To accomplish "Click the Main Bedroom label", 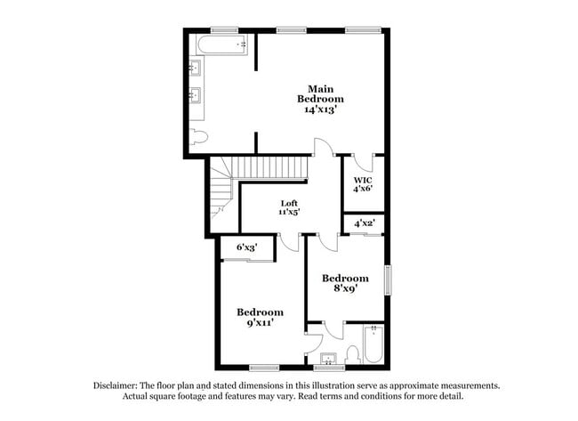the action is (x=320, y=94).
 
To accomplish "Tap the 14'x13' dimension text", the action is (x=320, y=109).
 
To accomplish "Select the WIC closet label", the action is (x=363, y=181).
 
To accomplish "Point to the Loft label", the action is (x=289, y=203).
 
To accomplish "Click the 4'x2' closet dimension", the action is (x=365, y=223).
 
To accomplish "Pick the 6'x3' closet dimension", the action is (x=246, y=247).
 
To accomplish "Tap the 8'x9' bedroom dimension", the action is (x=345, y=288).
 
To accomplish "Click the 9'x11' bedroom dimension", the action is (x=260, y=323).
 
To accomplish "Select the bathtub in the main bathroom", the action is (x=222, y=45).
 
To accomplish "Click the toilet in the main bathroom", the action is (x=198, y=137).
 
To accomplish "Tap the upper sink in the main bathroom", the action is (x=195, y=69).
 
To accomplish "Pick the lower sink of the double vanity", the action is (x=195, y=96).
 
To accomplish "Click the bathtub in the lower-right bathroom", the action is (x=373, y=344).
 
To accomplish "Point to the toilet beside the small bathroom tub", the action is (x=353, y=354).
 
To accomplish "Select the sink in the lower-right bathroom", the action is (x=328, y=359).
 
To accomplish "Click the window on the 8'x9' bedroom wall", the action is (x=388, y=280).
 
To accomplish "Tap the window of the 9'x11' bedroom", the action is (x=264, y=368).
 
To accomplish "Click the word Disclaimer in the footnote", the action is (x=116, y=386).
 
